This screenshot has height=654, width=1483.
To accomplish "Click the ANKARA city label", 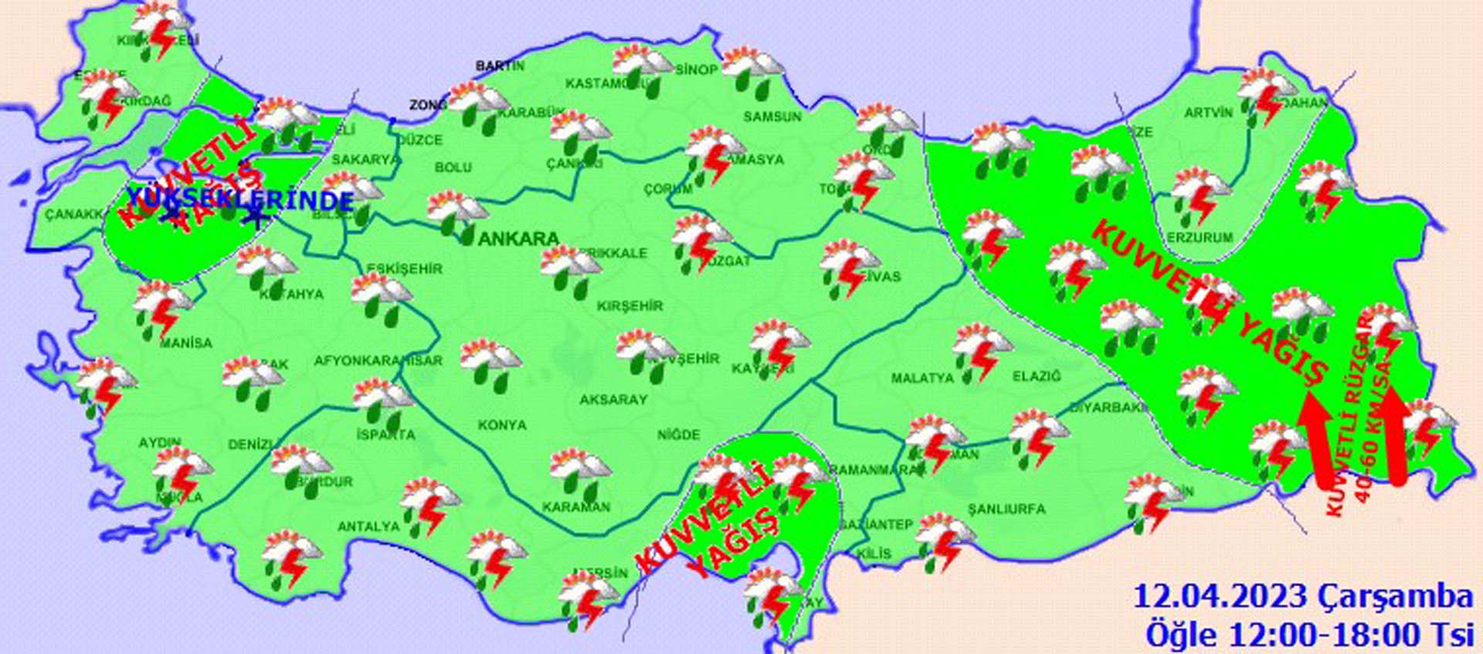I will point(518,239).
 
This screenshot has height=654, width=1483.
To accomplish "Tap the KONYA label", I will point(502,425).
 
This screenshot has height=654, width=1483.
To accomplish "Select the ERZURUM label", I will point(1200,237).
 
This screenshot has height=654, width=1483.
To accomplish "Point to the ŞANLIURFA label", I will point(1006,509).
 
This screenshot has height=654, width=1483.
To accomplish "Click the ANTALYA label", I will point(368,526).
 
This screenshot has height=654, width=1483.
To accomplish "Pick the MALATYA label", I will point(922,378).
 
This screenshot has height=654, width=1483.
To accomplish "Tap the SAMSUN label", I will point(772,117).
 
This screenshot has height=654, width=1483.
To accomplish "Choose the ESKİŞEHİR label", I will point(405,269).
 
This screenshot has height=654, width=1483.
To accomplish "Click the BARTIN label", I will point(500,66).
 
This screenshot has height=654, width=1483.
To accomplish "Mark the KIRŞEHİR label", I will point(630,306).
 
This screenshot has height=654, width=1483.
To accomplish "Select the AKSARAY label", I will point(613,400).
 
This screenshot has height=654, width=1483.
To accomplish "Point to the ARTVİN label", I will point(1209,113).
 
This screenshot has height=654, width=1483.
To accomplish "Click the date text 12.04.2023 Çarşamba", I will point(1302,597).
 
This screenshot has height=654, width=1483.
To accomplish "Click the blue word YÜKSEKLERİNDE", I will point(239,200).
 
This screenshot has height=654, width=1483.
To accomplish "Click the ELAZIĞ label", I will point(1037,376).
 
